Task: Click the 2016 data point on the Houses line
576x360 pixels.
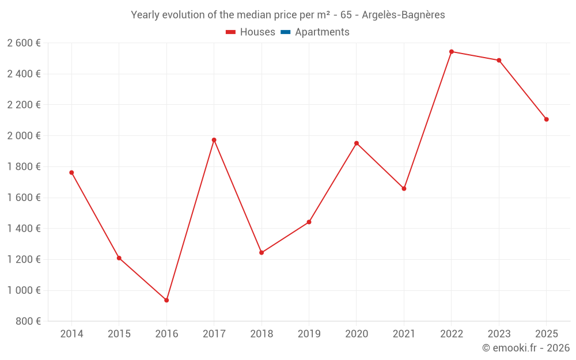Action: point(166,300)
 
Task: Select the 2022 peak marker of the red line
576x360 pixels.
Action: point(452,52)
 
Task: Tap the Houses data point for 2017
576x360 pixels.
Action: point(214,140)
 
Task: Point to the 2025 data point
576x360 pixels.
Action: point(546,119)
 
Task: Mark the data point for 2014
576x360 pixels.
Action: point(71,173)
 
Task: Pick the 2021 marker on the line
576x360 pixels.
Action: point(404,188)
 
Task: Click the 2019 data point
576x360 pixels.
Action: point(309,222)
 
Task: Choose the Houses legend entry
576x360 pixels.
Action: point(251,32)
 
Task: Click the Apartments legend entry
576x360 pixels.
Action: point(315,32)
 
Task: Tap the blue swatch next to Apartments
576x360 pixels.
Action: point(286,32)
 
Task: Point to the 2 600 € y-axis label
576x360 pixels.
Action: point(24,43)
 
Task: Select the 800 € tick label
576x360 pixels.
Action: point(28,321)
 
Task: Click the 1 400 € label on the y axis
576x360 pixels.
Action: point(24,229)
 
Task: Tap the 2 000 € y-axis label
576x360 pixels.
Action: point(24,135)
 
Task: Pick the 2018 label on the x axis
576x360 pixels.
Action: point(262,334)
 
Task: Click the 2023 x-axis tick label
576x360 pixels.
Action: point(499,334)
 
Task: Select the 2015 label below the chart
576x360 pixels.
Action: point(119,334)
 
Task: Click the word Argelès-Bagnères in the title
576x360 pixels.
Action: point(403,15)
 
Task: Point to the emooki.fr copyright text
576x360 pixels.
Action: point(526,347)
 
